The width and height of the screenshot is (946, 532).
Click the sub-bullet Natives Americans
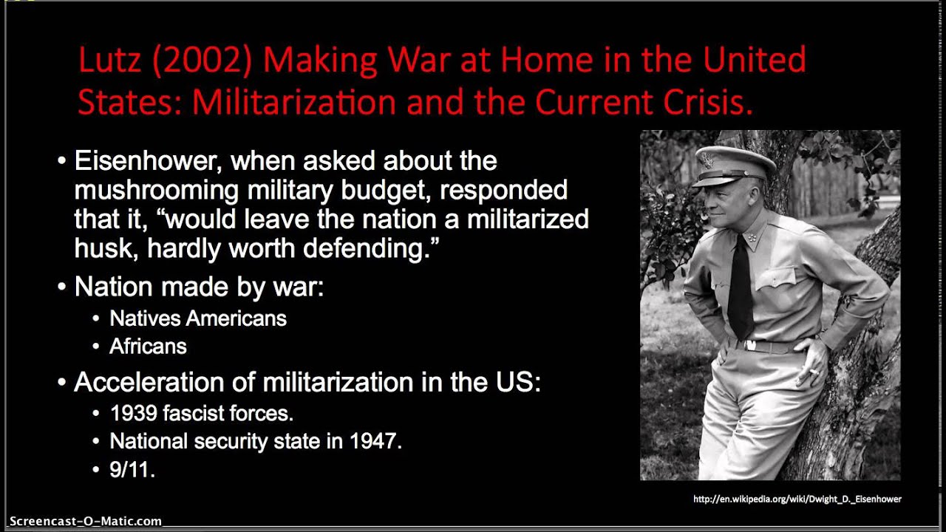click(197, 318)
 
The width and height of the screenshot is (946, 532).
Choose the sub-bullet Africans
click(148, 347)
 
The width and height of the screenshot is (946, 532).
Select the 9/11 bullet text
click(132, 470)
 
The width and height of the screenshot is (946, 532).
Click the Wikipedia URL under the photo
click(797, 499)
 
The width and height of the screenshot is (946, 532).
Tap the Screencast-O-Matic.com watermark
click(85, 521)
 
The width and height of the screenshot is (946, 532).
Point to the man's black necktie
click(741, 284)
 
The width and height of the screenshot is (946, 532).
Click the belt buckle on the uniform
click(749, 345)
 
